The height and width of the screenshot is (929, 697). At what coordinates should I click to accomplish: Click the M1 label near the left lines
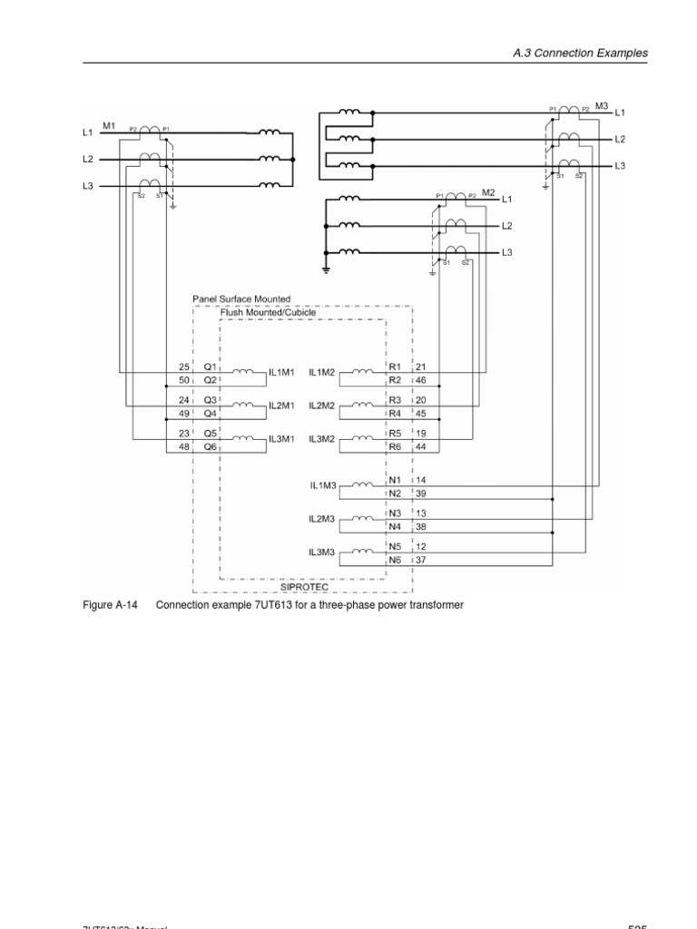click(109, 125)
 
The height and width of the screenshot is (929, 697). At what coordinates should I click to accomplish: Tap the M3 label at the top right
click(603, 106)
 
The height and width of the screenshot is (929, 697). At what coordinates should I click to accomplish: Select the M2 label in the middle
click(488, 192)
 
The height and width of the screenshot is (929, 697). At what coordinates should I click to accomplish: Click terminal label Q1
click(210, 367)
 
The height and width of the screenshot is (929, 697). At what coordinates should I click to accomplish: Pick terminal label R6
click(395, 447)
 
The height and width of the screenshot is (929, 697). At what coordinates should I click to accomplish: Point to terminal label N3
click(395, 513)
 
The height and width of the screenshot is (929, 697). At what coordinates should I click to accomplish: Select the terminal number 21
click(421, 367)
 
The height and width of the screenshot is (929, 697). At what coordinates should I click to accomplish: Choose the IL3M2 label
click(322, 440)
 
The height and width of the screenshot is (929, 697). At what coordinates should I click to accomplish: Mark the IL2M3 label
click(322, 519)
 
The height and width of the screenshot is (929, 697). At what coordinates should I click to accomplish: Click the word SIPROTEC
click(303, 586)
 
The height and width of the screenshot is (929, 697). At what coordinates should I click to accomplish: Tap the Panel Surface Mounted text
click(241, 298)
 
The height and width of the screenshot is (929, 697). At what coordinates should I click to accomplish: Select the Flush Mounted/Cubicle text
click(268, 312)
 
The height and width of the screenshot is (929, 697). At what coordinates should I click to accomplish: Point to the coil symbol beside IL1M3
click(361, 484)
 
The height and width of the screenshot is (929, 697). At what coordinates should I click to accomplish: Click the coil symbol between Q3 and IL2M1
click(244, 405)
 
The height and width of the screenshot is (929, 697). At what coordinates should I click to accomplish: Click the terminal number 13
click(421, 513)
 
